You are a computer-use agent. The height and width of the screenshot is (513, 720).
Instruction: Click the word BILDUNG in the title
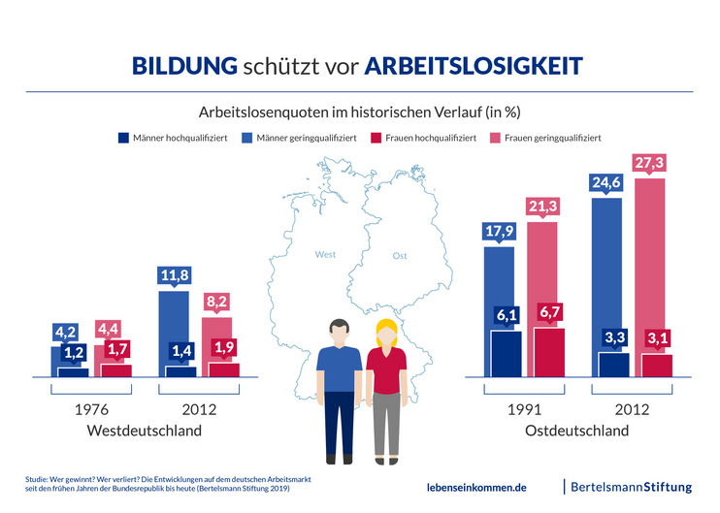[184, 65]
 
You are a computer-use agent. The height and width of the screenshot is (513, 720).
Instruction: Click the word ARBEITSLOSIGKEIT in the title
[474, 65]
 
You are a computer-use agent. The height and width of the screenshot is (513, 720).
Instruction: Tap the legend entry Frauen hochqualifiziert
[424, 138]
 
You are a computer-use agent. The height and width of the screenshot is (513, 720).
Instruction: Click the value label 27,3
[652, 161]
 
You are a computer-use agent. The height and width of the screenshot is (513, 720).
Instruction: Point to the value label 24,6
[608, 181]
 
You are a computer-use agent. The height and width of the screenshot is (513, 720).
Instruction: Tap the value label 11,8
[174, 274]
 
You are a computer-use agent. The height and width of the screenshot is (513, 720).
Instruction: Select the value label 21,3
[544, 206]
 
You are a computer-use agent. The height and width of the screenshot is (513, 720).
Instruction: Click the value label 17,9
[500, 231]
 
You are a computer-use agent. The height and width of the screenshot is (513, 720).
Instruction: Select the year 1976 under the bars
[91, 409]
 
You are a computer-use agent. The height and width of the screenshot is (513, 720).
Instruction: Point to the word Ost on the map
[400, 256]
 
